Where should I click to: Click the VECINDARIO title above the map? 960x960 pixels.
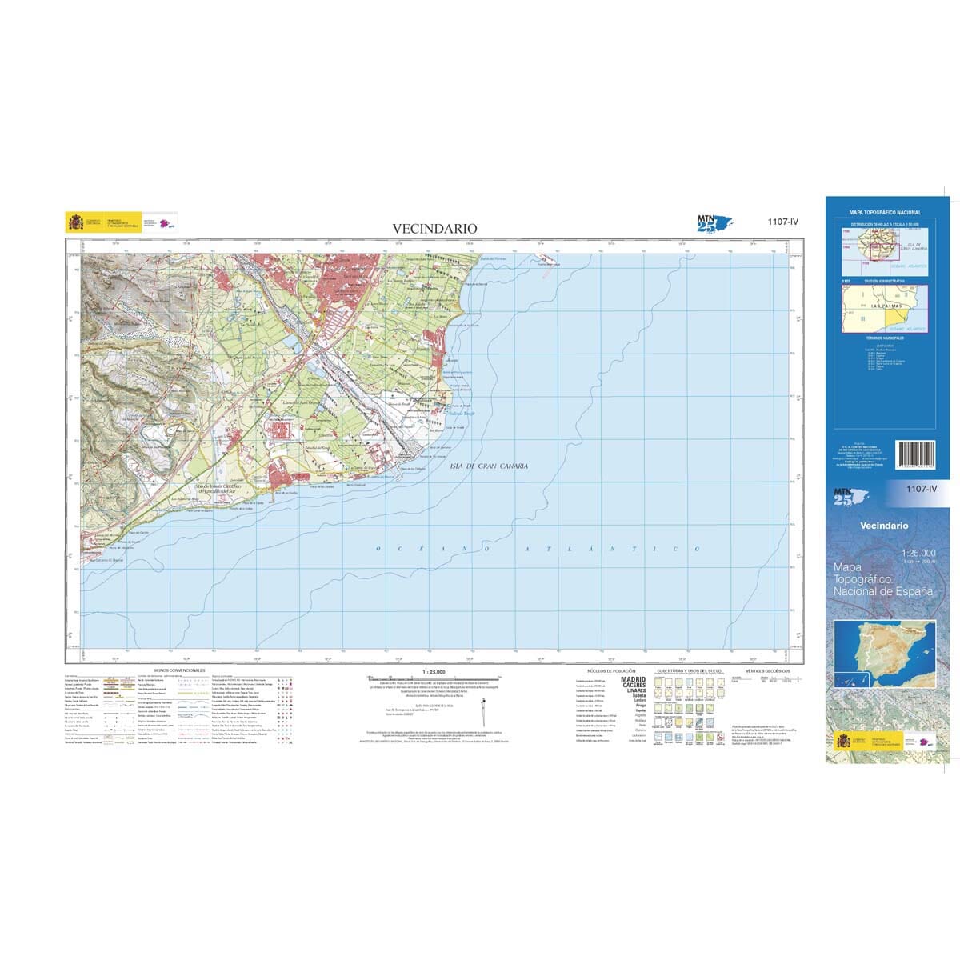pos(434,228)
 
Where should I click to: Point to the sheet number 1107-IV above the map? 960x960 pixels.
pos(782,223)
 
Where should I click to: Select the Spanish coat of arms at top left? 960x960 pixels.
pos(75,222)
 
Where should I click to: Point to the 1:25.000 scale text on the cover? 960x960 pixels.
pos(917,554)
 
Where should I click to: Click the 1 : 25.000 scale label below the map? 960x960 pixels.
pos(432,672)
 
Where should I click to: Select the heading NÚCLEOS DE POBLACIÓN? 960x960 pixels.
pos(611,670)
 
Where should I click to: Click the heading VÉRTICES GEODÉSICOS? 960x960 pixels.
pos(767,670)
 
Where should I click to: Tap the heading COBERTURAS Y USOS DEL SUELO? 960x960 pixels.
pos(689,670)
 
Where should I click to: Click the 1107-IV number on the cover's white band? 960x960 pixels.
pos(921,489)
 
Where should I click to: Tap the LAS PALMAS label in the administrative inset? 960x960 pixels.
pos(886,306)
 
